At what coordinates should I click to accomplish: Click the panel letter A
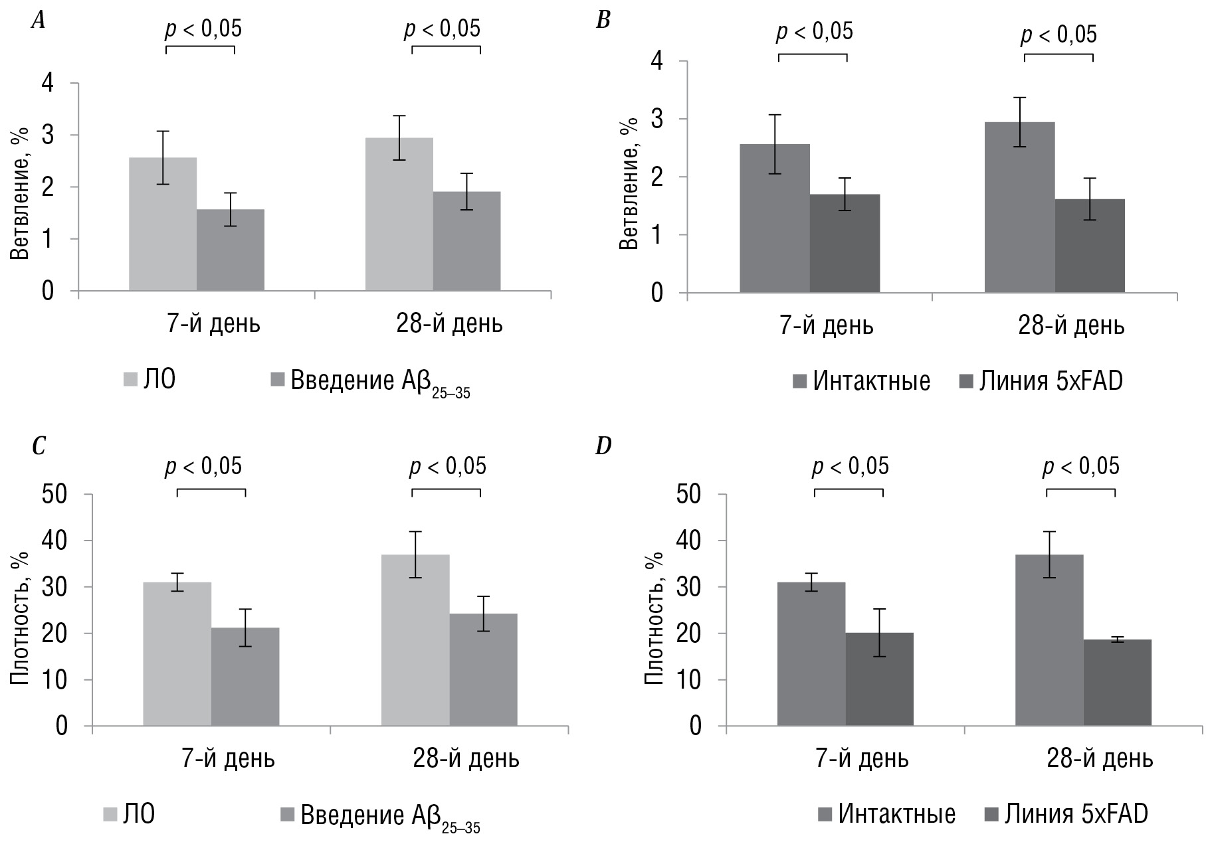39,21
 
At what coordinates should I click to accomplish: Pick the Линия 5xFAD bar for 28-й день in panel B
1090,246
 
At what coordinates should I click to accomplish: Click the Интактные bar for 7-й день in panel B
775,218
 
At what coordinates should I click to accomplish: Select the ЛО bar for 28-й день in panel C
415,640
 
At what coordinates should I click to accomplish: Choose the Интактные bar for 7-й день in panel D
811,654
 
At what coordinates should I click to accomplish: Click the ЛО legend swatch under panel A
130,379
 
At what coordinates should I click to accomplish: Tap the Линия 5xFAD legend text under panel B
1051,381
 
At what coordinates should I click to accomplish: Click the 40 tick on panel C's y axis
56,541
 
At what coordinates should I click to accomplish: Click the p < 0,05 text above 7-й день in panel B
815,31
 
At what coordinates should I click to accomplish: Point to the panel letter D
603,446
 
